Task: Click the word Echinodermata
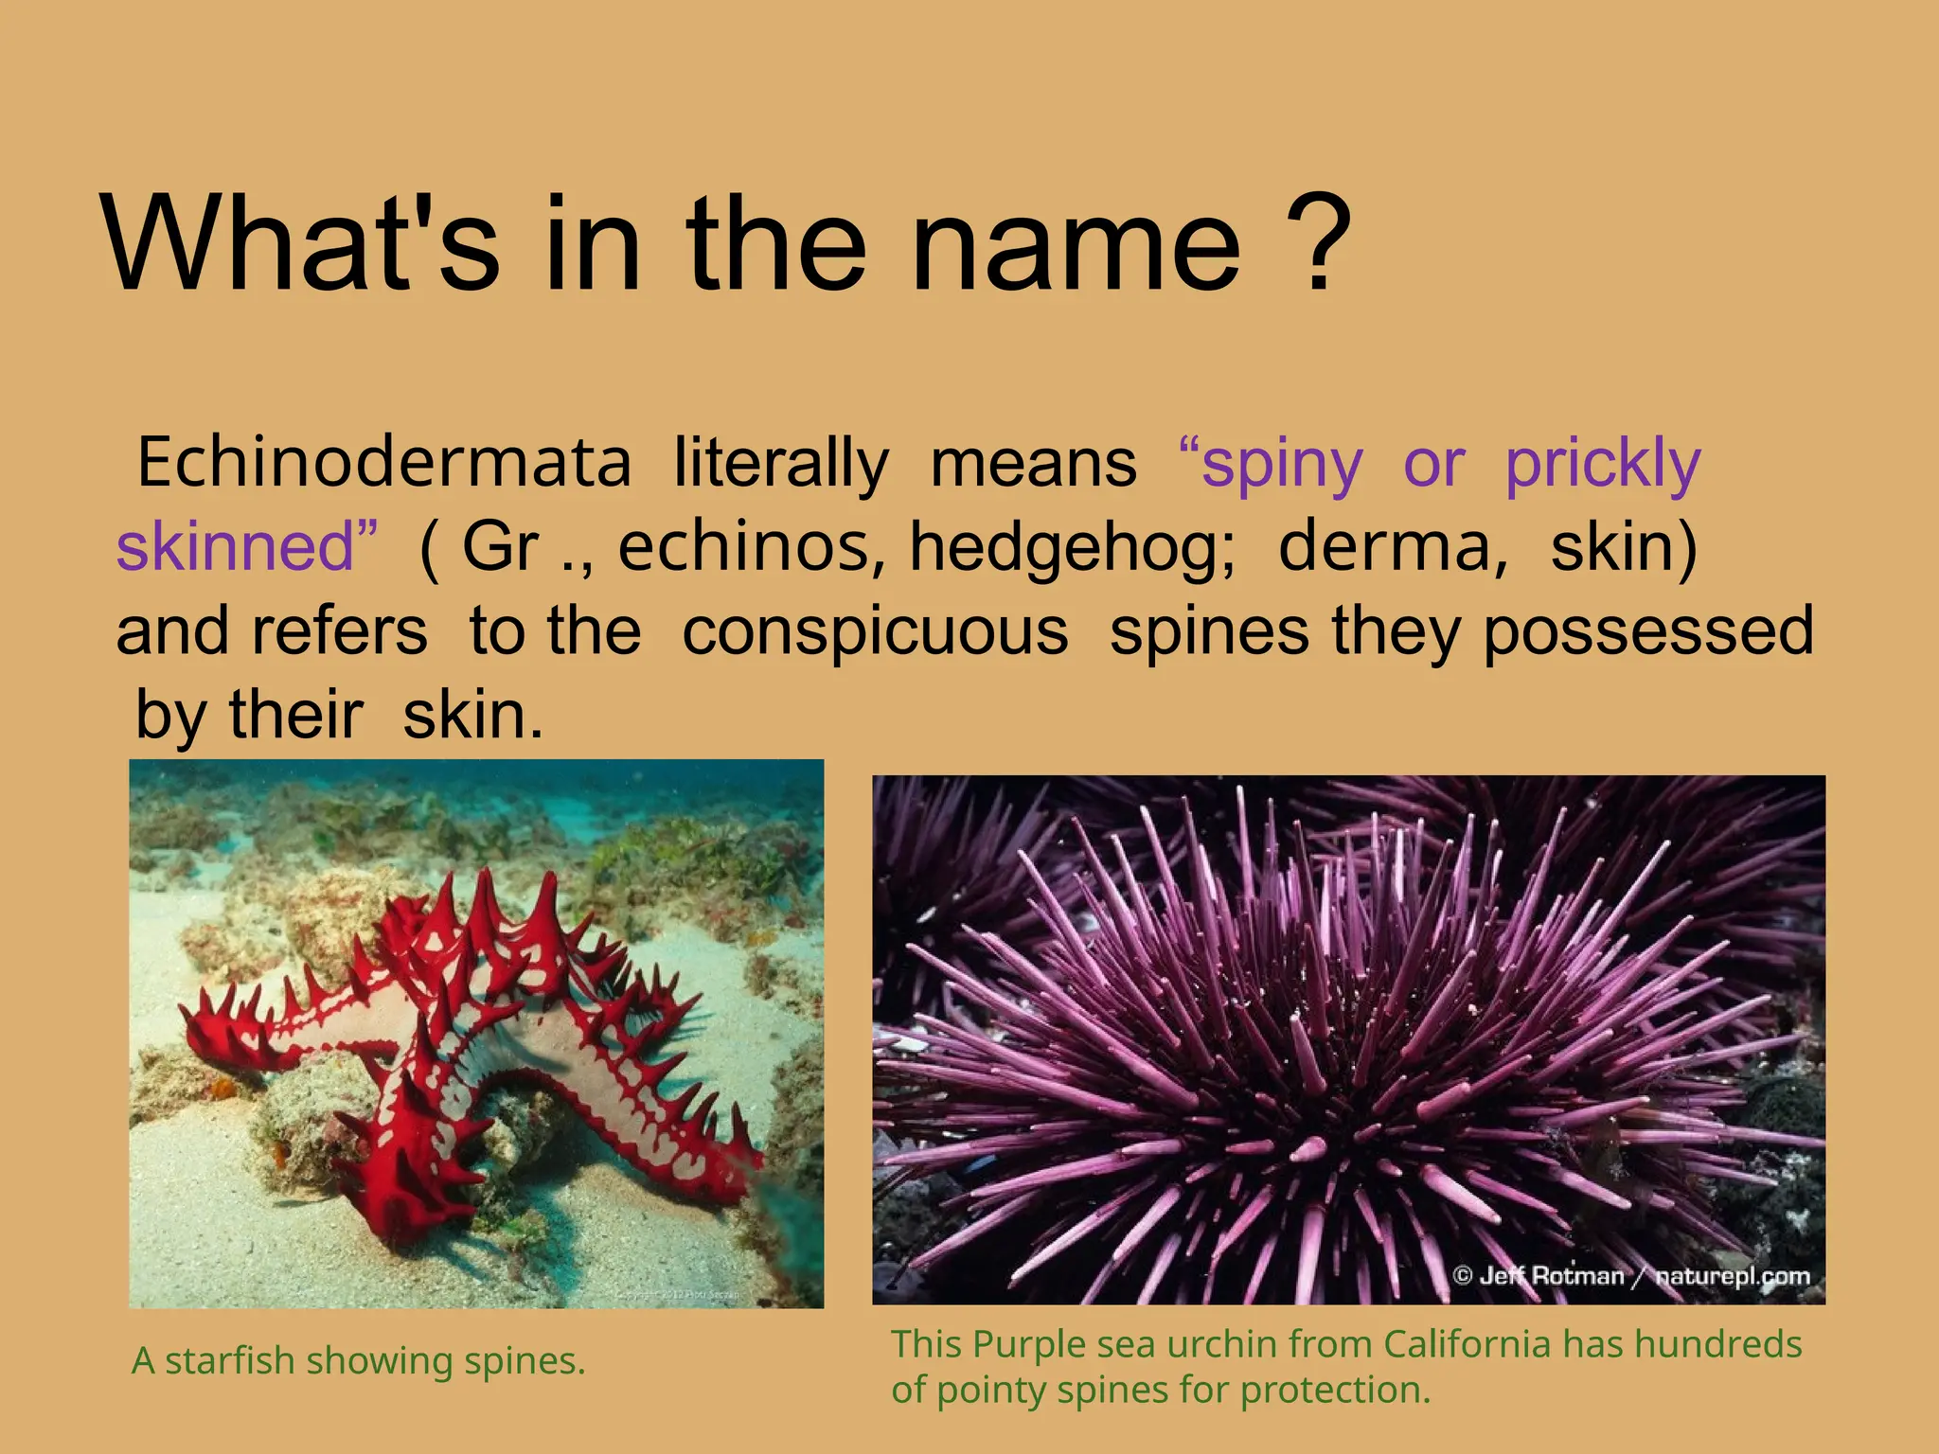[383, 464]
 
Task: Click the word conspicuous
[875, 631]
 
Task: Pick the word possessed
[1647, 632]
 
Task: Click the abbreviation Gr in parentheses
[499, 547]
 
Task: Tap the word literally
[781, 464]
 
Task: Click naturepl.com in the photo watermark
[1732, 1276]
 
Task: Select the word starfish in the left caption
[230, 1361]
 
